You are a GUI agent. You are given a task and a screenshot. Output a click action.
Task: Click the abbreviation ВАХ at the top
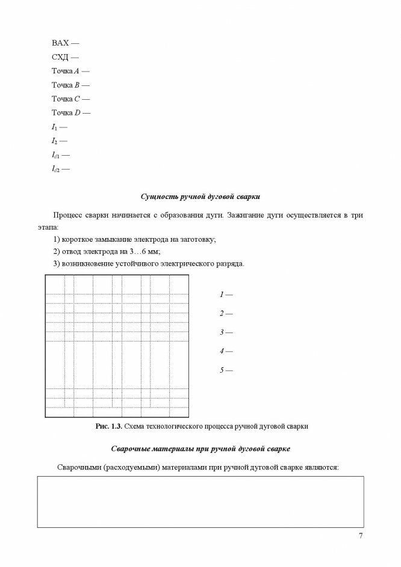[61, 44]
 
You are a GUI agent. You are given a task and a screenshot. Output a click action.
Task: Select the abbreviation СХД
[61, 58]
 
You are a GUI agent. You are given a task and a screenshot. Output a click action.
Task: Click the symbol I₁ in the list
[54, 127]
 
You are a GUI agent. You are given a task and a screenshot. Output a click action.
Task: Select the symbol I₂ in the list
[54, 141]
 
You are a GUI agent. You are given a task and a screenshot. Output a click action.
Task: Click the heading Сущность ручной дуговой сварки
[200, 197]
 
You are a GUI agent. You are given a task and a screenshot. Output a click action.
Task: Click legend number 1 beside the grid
[222, 295]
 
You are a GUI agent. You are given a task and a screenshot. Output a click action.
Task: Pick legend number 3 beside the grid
[222, 332]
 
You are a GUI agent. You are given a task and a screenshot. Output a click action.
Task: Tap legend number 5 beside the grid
[222, 370]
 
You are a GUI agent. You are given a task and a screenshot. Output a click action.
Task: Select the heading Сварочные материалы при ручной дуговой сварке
[200, 448]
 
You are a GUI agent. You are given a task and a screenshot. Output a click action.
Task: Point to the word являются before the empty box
[323, 467]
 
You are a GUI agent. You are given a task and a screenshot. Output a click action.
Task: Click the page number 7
[361, 536]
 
